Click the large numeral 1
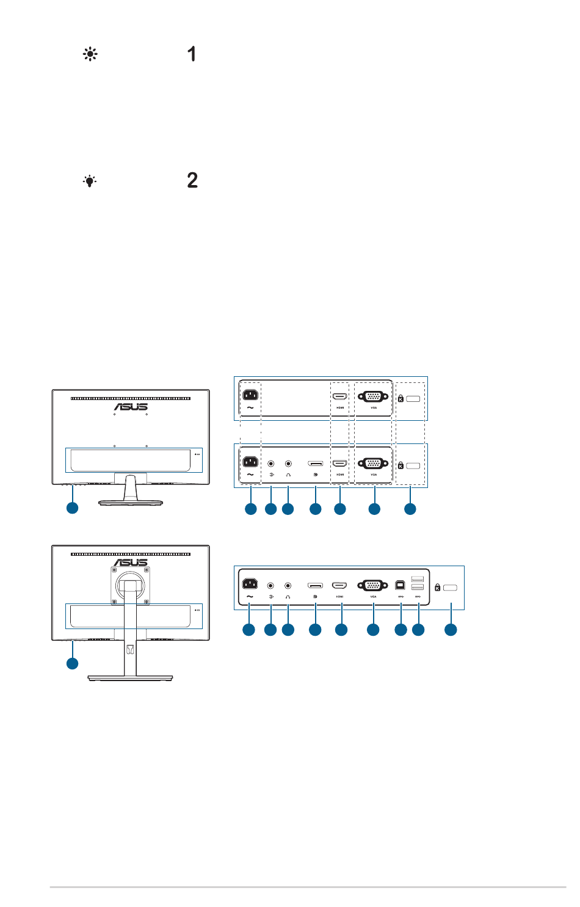pyautogui.click(x=192, y=54)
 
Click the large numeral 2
pyautogui.click(x=192, y=180)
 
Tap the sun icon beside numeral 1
pyautogui.click(x=90, y=54)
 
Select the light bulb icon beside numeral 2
pyautogui.click(x=90, y=181)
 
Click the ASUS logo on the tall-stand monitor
pyautogui.click(x=131, y=563)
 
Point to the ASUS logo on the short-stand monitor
pyautogui.click(x=131, y=407)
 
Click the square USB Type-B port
pyautogui.click(x=401, y=584)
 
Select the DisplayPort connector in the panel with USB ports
pyautogui.click(x=315, y=585)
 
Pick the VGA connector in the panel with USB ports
pyautogui.click(x=373, y=585)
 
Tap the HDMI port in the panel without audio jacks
pyautogui.click(x=340, y=396)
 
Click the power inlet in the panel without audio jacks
pyautogui.click(x=250, y=395)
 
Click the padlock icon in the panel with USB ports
pyautogui.click(x=437, y=588)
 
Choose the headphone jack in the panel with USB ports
pyautogui.click(x=288, y=586)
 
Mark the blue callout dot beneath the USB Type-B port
pyautogui.click(x=401, y=630)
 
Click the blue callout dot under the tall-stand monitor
pyautogui.click(x=72, y=663)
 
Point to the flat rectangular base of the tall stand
pyautogui.click(x=130, y=677)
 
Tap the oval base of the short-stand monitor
pyautogui.click(x=131, y=501)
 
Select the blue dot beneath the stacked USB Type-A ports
pyautogui.click(x=418, y=630)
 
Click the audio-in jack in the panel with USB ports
pyautogui.click(x=270, y=586)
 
